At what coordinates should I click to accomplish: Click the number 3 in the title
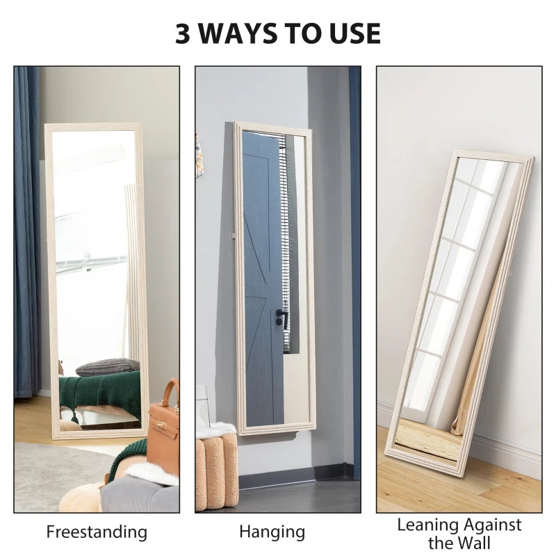tap(183, 33)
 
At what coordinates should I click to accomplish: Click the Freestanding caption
tap(97, 532)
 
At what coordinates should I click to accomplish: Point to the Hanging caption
tap(272, 532)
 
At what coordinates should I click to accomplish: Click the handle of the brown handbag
tap(170, 389)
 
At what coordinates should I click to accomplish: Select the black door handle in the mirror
tap(280, 316)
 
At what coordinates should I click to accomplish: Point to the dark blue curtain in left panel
tap(26, 229)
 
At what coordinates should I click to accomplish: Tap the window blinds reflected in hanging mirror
tap(284, 208)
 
